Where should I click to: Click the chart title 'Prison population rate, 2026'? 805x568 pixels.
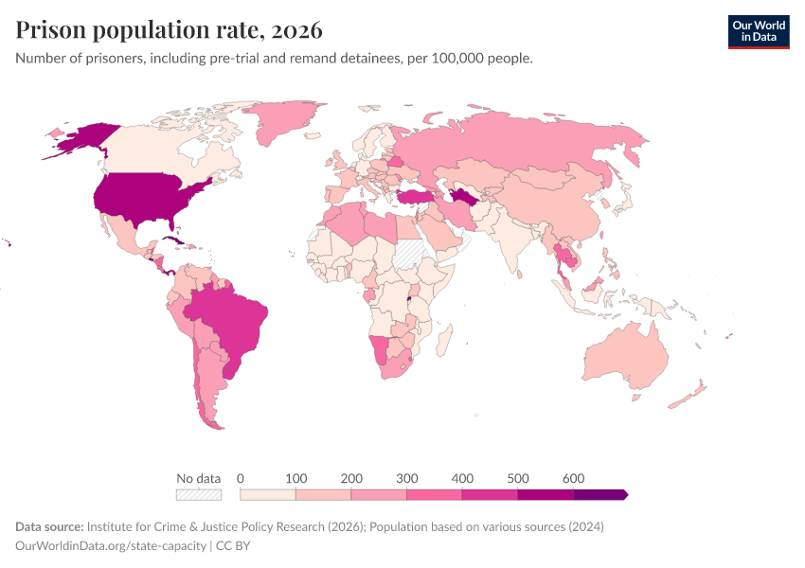click(x=169, y=30)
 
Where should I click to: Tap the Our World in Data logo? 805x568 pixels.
click(x=758, y=31)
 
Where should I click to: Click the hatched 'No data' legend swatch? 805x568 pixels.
click(x=198, y=494)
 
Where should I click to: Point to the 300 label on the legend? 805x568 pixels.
click(x=406, y=478)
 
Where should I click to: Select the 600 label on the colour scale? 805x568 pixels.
click(x=573, y=478)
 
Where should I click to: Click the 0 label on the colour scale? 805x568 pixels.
click(x=241, y=478)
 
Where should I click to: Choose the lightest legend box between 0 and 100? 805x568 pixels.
click(x=268, y=494)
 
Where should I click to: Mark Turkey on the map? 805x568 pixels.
click(x=414, y=196)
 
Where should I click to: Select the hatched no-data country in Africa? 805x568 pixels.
click(x=409, y=254)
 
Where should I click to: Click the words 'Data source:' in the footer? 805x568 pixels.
click(x=49, y=526)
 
